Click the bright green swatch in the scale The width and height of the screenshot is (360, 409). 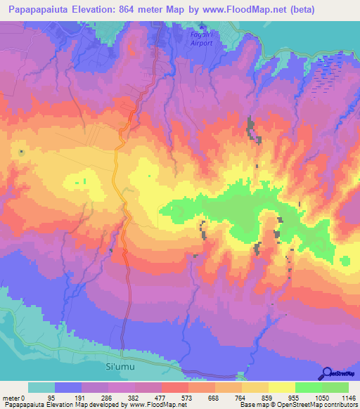pos(308,388)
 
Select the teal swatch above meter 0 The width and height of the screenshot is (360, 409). pos(41,388)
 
